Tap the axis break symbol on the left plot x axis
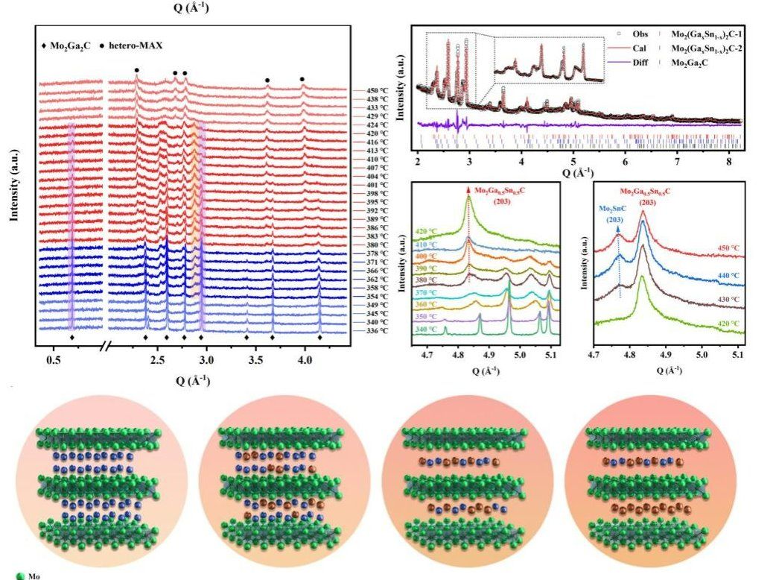tap(108, 347)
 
